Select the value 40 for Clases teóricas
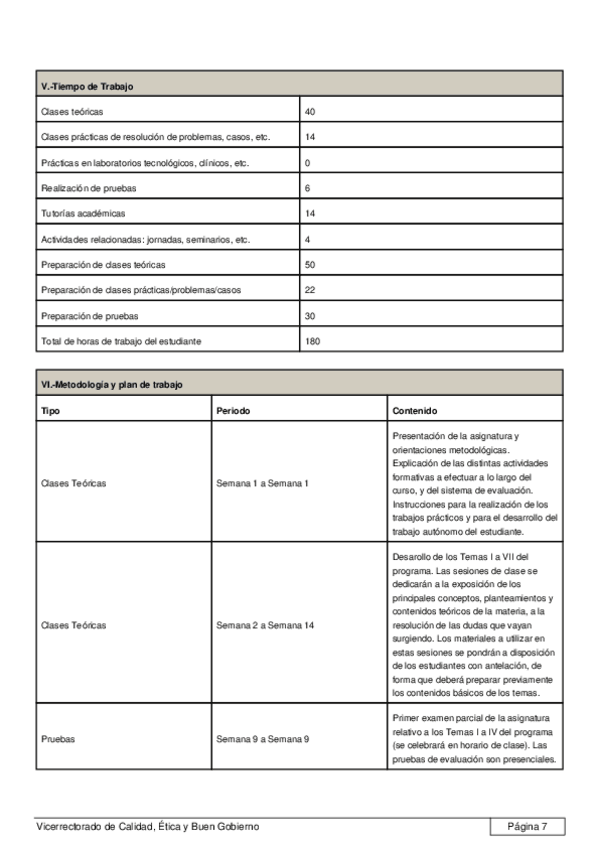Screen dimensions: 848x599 tap(310, 111)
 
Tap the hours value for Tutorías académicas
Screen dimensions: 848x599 tap(310, 214)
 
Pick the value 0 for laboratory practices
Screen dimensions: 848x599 tap(307, 162)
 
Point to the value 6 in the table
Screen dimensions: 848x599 tap(307, 188)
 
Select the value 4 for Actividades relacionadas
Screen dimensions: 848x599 tap(307, 240)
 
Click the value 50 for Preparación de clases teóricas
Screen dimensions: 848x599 tap(310, 265)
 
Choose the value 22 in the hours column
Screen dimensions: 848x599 tap(310, 290)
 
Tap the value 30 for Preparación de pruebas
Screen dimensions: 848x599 tap(310, 316)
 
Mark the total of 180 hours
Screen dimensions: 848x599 tap(312, 341)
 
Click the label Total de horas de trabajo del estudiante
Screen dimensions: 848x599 tap(121, 341)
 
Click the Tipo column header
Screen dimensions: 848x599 tap(50, 410)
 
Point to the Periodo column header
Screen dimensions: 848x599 tap(233, 410)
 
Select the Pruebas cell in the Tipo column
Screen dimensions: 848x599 tap(57, 739)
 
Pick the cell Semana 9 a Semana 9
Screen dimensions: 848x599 tap(262, 739)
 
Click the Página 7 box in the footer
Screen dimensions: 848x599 tap(527, 826)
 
